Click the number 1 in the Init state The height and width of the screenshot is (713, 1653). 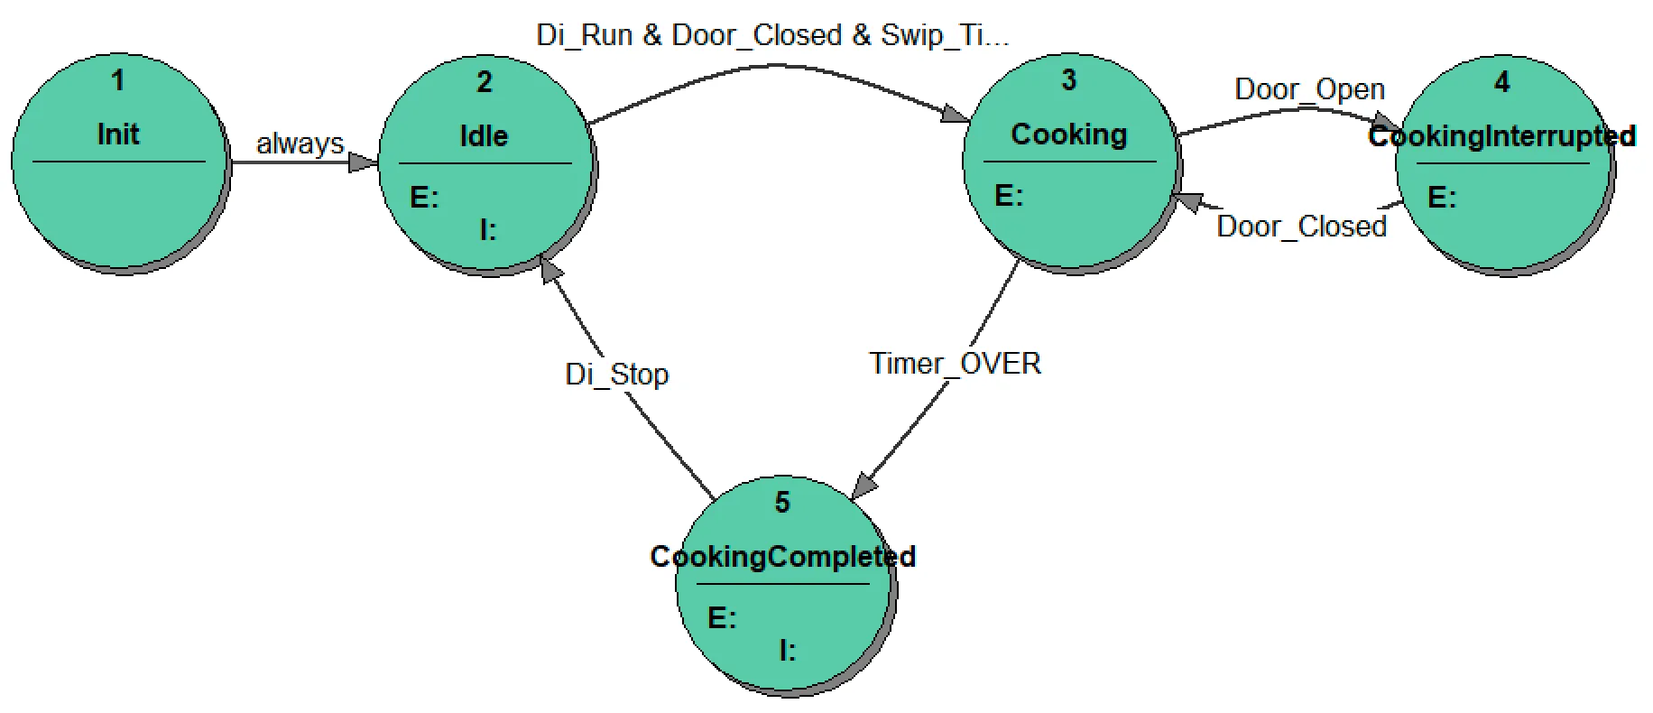click(117, 81)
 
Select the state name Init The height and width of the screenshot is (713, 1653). click(118, 134)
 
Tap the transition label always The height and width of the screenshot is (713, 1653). click(300, 144)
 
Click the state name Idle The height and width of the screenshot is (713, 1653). click(484, 136)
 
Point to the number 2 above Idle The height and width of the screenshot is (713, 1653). click(485, 82)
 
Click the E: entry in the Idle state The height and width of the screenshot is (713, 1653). click(424, 198)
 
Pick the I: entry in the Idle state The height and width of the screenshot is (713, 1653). click(487, 231)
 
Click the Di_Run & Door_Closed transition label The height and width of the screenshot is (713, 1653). click(771, 35)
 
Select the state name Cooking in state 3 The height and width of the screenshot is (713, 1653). click(1068, 134)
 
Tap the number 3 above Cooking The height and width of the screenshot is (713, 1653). click(1068, 80)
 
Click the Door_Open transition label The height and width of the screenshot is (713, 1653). click(1309, 89)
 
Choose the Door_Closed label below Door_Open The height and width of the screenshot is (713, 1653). click(1301, 226)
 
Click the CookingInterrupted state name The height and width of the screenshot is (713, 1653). click(1501, 136)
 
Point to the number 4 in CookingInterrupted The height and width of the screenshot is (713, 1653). click(1501, 82)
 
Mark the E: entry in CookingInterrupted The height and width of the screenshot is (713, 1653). click(1441, 198)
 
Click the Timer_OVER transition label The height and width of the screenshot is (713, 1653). click(955, 364)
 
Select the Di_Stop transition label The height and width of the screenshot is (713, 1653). click(616, 374)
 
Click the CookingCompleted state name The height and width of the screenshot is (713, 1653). click(782, 557)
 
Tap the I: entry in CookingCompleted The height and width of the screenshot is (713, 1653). click(787, 650)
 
